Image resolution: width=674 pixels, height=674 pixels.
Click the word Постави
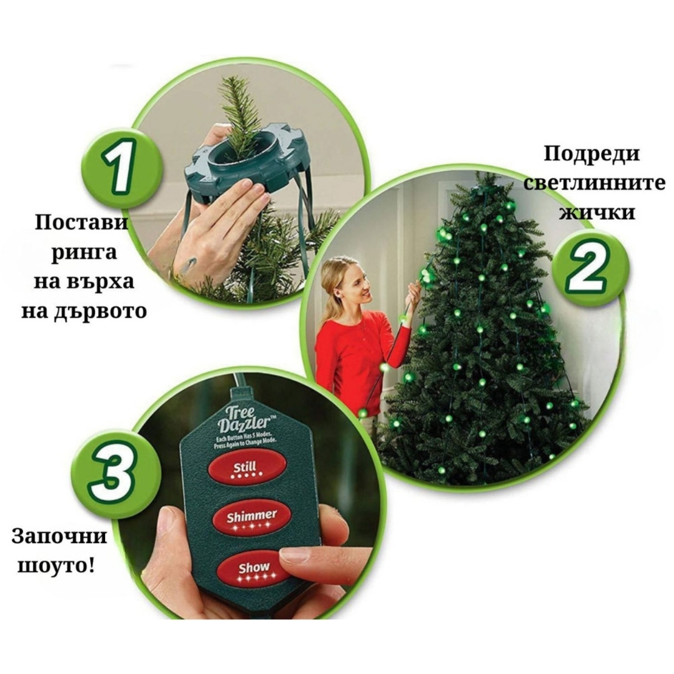point(82,223)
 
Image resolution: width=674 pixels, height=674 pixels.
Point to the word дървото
point(100,311)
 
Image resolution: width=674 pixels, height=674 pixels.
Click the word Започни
point(59,537)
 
